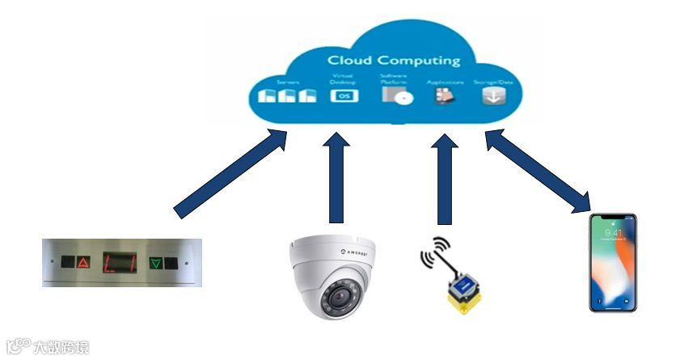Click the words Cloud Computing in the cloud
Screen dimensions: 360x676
[393, 60]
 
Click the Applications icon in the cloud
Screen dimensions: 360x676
[444, 95]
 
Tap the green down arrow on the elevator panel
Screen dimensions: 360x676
[156, 262]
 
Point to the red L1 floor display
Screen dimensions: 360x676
[119, 262]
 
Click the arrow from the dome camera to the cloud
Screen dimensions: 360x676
[336, 178]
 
